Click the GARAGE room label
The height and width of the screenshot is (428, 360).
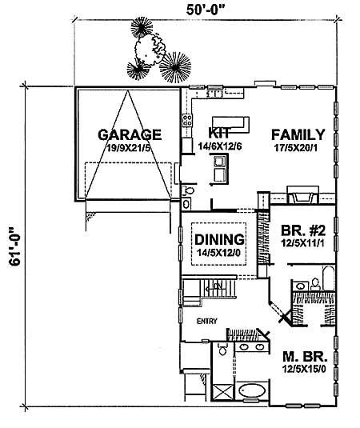point(130,134)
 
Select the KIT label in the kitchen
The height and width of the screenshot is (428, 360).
point(219,133)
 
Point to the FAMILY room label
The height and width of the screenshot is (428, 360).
point(297,134)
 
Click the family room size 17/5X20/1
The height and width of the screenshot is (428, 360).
point(297,148)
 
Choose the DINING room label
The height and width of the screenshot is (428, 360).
point(218,238)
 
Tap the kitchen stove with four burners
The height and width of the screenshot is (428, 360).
point(188,122)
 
